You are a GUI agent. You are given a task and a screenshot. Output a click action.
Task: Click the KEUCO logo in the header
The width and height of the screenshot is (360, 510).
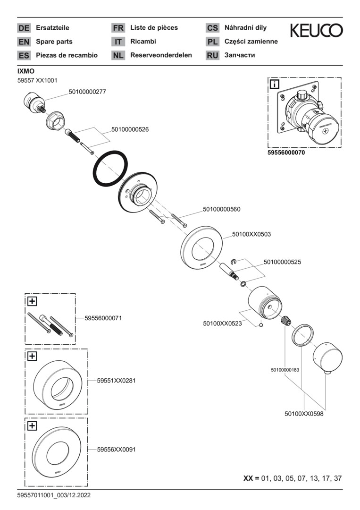(x=316, y=31)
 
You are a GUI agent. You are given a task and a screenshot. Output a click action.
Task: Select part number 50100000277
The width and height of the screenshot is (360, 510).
(x=87, y=92)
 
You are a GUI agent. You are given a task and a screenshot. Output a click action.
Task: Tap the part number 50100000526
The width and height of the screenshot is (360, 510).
(x=130, y=129)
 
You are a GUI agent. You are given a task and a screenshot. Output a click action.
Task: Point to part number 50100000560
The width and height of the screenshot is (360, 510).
(x=222, y=209)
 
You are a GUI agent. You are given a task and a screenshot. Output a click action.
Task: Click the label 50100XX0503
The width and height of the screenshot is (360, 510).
(x=251, y=234)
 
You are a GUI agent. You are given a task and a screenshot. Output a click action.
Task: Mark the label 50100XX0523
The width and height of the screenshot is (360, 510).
(x=222, y=323)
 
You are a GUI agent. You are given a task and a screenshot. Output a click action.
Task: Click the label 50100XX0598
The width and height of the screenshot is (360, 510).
(x=304, y=414)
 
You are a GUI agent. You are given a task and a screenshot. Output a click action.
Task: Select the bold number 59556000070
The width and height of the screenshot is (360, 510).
(x=286, y=153)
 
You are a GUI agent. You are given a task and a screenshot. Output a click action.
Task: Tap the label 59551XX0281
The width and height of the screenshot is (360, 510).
(x=117, y=380)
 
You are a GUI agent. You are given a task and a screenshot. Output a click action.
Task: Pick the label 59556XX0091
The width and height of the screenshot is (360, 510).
(x=117, y=450)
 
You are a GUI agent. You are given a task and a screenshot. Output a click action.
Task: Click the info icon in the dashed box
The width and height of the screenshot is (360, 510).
(x=274, y=85)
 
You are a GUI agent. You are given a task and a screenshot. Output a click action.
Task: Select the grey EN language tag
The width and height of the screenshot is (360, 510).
(x=24, y=42)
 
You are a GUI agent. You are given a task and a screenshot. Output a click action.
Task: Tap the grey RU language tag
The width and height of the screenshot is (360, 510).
(x=212, y=55)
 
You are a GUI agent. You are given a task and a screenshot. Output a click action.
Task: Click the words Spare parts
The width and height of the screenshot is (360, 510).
(x=54, y=42)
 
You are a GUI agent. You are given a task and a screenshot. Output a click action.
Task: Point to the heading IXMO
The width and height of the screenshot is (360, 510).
(x=25, y=71)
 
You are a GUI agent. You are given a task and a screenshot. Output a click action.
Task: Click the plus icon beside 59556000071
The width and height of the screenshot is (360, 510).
(x=32, y=301)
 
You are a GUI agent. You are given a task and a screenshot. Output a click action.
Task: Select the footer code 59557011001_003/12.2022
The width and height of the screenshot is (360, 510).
(x=54, y=495)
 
